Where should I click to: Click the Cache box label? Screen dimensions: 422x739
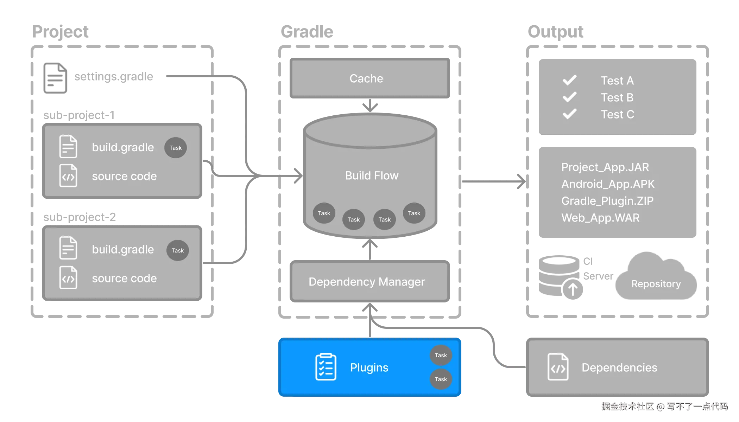tap(366, 78)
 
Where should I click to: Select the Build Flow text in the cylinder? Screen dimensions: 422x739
tap(372, 175)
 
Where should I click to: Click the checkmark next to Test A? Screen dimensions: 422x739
tap(569, 80)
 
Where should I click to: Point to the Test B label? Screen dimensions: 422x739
tap(617, 97)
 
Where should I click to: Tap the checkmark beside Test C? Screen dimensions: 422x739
tap(569, 114)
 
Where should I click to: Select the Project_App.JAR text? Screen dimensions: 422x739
tap(605, 167)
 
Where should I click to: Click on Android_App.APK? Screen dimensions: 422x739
tap(608, 184)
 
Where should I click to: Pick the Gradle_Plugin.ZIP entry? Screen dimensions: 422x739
tap(607, 201)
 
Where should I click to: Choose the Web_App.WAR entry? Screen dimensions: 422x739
tap(600, 218)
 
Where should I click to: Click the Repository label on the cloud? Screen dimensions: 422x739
tap(656, 284)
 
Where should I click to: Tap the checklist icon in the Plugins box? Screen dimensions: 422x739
tap(326, 367)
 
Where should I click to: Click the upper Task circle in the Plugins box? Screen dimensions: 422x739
tap(441, 355)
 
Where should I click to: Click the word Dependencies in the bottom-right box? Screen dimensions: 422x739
tap(619, 367)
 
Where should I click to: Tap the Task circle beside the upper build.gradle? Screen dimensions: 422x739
tap(175, 148)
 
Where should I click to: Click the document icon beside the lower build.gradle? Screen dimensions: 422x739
tap(68, 248)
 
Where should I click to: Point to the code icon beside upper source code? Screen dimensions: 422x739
tap(68, 175)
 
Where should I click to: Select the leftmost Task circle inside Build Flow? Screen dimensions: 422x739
tap(324, 213)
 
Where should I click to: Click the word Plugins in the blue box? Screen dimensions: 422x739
tap(369, 367)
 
